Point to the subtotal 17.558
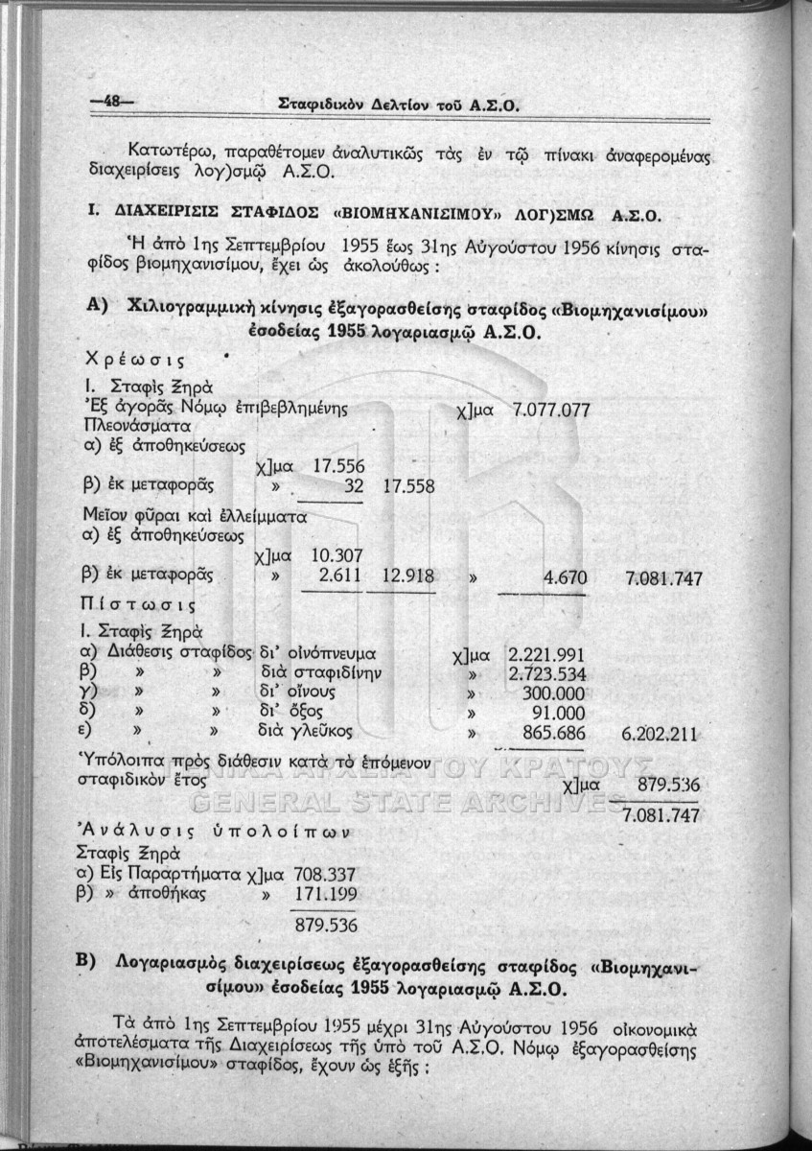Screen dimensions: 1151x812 point(408,486)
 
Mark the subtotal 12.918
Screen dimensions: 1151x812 point(408,576)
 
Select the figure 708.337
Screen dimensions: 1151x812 point(326,875)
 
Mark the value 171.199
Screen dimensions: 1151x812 point(326,895)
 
